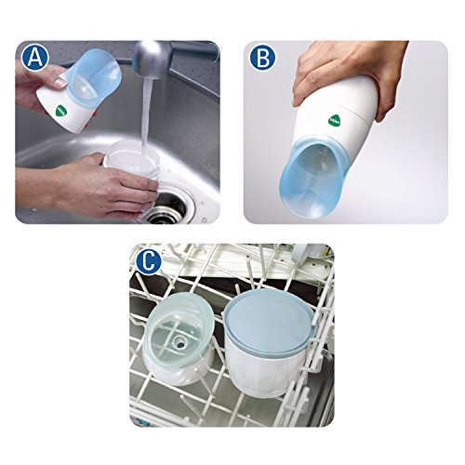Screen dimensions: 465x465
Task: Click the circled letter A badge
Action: click(x=35, y=58)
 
